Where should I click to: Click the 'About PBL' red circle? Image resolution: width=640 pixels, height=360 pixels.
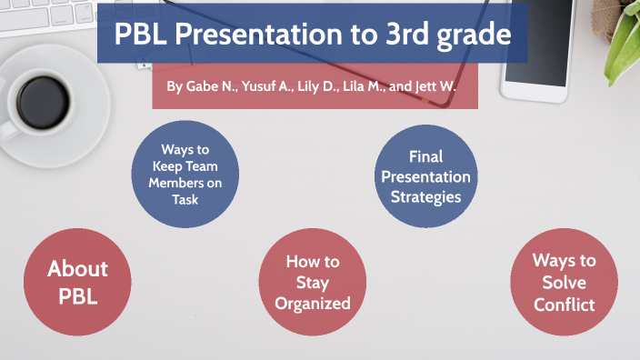point(77,282)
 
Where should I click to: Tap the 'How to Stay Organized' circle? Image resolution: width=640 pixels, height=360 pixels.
point(313,282)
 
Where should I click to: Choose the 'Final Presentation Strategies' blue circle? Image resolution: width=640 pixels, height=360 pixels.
point(425,176)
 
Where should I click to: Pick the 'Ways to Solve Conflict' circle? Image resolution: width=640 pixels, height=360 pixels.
point(565,282)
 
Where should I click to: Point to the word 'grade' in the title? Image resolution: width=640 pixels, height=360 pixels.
point(475,35)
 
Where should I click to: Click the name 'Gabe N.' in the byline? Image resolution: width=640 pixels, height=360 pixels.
point(207,87)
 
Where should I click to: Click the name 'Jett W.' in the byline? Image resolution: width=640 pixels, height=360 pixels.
point(434,87)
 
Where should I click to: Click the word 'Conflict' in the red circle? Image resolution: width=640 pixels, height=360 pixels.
point(565,305)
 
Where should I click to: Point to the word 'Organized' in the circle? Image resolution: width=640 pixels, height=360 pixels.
point(313,304)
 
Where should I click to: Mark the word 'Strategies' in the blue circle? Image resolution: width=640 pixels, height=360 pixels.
point(425,196)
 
